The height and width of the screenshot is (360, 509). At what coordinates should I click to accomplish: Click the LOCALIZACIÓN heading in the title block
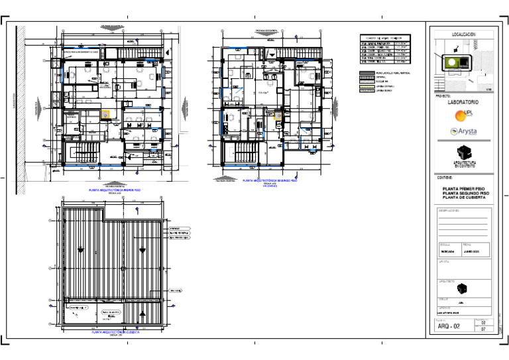tap(463, 34)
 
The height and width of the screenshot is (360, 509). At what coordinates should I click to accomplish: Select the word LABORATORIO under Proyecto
tap(463, 103)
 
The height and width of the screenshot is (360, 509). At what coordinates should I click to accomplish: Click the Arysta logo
tap(463, 131)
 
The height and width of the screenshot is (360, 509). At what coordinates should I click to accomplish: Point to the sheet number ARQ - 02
tap(449, 326)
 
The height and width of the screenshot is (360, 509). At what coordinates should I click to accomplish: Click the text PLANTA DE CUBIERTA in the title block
tap(463, 198)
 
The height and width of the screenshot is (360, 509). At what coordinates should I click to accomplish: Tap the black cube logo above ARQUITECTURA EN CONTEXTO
tap(463, 152)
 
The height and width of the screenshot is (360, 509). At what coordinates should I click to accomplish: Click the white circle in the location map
tap(451, 62)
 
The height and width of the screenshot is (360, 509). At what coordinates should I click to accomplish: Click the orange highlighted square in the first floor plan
tap(105, 114)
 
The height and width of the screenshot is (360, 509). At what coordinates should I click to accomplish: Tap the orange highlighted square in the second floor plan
tap(278, 115)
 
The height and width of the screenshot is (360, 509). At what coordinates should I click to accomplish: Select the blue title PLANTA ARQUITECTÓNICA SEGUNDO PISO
tap(270, 180)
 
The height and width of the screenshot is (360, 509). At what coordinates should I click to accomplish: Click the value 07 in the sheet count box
tap(483, 329)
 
